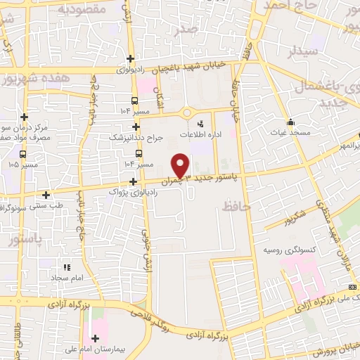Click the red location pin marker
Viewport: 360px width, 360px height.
pyautogui.click(x=181, y=165)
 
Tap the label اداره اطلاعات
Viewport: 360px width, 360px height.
pyautogui.click(x=218, y=134)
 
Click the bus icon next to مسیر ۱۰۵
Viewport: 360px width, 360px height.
pyautogui.click(x=23, y=154)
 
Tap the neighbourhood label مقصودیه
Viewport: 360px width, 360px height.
pyautogui.click(x=82, y=10)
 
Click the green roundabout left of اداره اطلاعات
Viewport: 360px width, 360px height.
pyautogui.click(x=188, y=112)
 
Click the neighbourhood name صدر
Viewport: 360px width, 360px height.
pyautogui.click(x=207, y=30)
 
